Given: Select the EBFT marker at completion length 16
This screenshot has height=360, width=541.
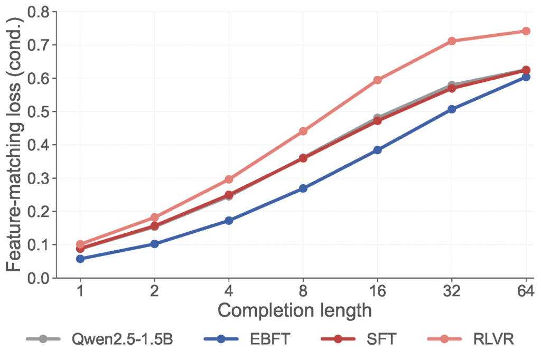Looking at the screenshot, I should point(377,150).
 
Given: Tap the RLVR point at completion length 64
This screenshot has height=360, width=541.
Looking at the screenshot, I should point(526,31).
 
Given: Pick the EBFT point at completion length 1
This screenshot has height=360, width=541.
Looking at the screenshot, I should point(80,259).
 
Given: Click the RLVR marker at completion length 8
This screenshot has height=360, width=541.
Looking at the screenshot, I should point(303,131).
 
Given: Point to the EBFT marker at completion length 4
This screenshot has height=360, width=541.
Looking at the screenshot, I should point(229,221).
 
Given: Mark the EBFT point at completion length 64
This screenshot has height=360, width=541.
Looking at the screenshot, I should point(526,77).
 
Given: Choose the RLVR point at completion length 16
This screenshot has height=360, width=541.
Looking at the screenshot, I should point(377,80).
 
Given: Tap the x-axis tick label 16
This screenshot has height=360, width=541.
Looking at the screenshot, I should point(377,291).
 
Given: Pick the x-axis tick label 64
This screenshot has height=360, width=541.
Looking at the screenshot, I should point(526,291).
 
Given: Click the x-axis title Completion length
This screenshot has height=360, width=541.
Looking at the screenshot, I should point(294,310).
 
